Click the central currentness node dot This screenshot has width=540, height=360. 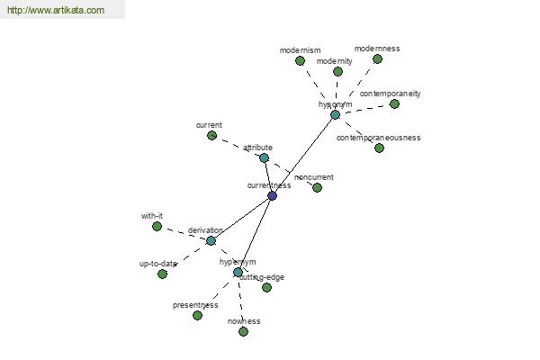pos(272,195)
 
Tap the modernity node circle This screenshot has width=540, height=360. pos(337,71)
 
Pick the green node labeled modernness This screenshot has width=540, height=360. pos(377,58)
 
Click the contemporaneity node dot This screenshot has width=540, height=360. pos(394,103)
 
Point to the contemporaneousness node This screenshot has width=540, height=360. pos(379,148)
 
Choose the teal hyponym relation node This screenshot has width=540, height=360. pos(335,114)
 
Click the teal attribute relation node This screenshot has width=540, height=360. pos(264,157)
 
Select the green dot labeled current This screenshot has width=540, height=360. pos(211,135)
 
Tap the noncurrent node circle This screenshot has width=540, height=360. pos(317,187)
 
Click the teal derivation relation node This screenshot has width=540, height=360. pos(211,240)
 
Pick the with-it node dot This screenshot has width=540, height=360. pos(157,226)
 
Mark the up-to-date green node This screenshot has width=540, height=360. pos(162,274)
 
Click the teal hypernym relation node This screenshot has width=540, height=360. pos(238,272)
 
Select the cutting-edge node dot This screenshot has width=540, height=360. pos(266,287)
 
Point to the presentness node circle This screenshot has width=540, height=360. pos(197,315)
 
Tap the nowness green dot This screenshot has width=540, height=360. pos(243,331)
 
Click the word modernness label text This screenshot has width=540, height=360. pos(377,48)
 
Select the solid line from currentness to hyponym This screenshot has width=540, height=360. pos(304,154)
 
